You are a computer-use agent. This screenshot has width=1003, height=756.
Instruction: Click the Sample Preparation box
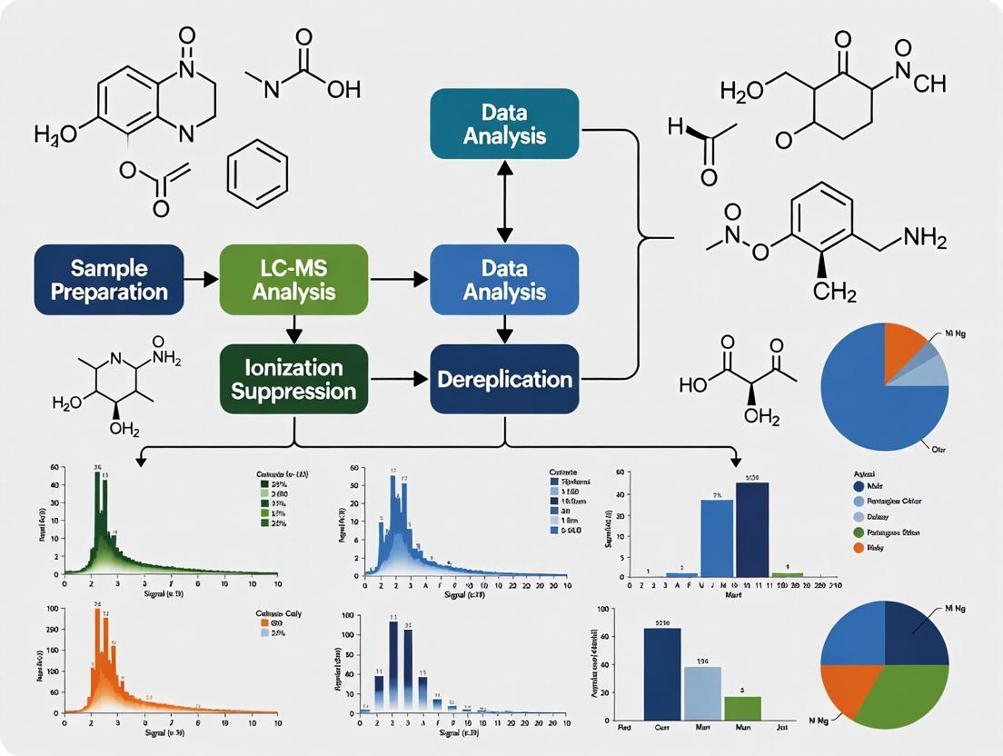[109, 279]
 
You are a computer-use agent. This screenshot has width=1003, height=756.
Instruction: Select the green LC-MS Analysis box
[293, 279]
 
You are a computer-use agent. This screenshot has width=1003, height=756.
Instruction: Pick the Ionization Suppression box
[293, 380]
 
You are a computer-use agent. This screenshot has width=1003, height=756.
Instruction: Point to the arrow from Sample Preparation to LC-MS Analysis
[201, 279]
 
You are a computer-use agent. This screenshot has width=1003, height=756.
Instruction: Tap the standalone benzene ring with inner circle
[256, 172]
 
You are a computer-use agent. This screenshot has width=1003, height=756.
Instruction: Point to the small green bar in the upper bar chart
[787, 574]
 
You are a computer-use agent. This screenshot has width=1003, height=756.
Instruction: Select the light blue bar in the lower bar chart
[702, 693]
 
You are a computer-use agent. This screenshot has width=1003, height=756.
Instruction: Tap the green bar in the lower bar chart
[742, 708]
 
